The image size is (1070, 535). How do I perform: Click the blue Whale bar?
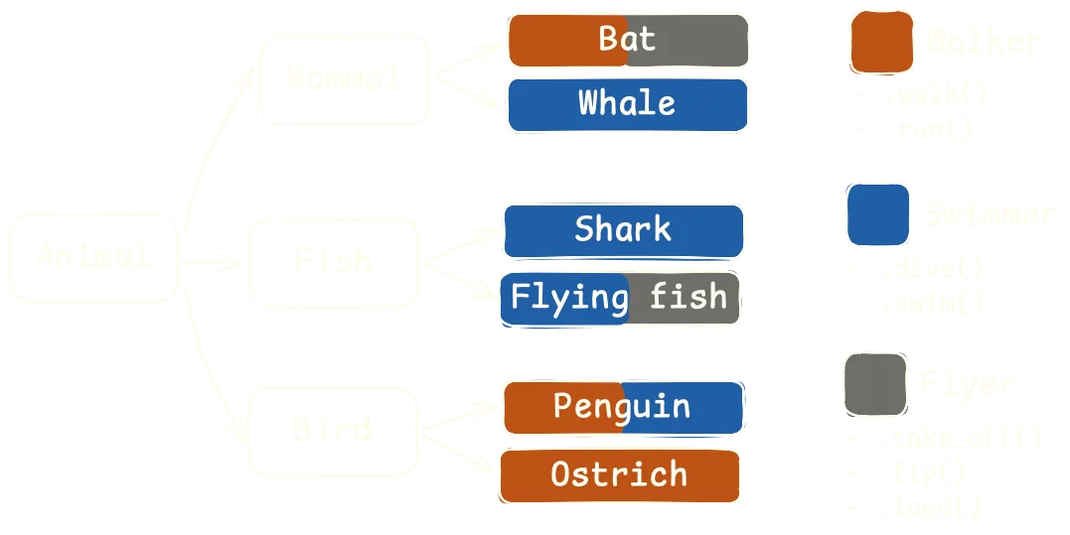coord(627,104)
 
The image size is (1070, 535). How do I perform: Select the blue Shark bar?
coord(623,230)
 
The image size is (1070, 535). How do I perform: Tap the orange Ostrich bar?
coord(619,475)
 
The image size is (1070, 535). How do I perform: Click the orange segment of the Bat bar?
coord(567,41)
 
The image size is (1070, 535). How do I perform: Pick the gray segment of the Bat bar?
coord(688,41)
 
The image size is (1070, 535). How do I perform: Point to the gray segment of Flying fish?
coord(685,298)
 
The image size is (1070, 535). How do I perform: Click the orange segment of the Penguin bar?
coord(562,408)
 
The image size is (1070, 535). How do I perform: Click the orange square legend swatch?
coord(881,43)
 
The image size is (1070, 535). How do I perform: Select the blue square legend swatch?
coord(877,214)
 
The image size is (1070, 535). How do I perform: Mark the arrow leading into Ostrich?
coord(481,462)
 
